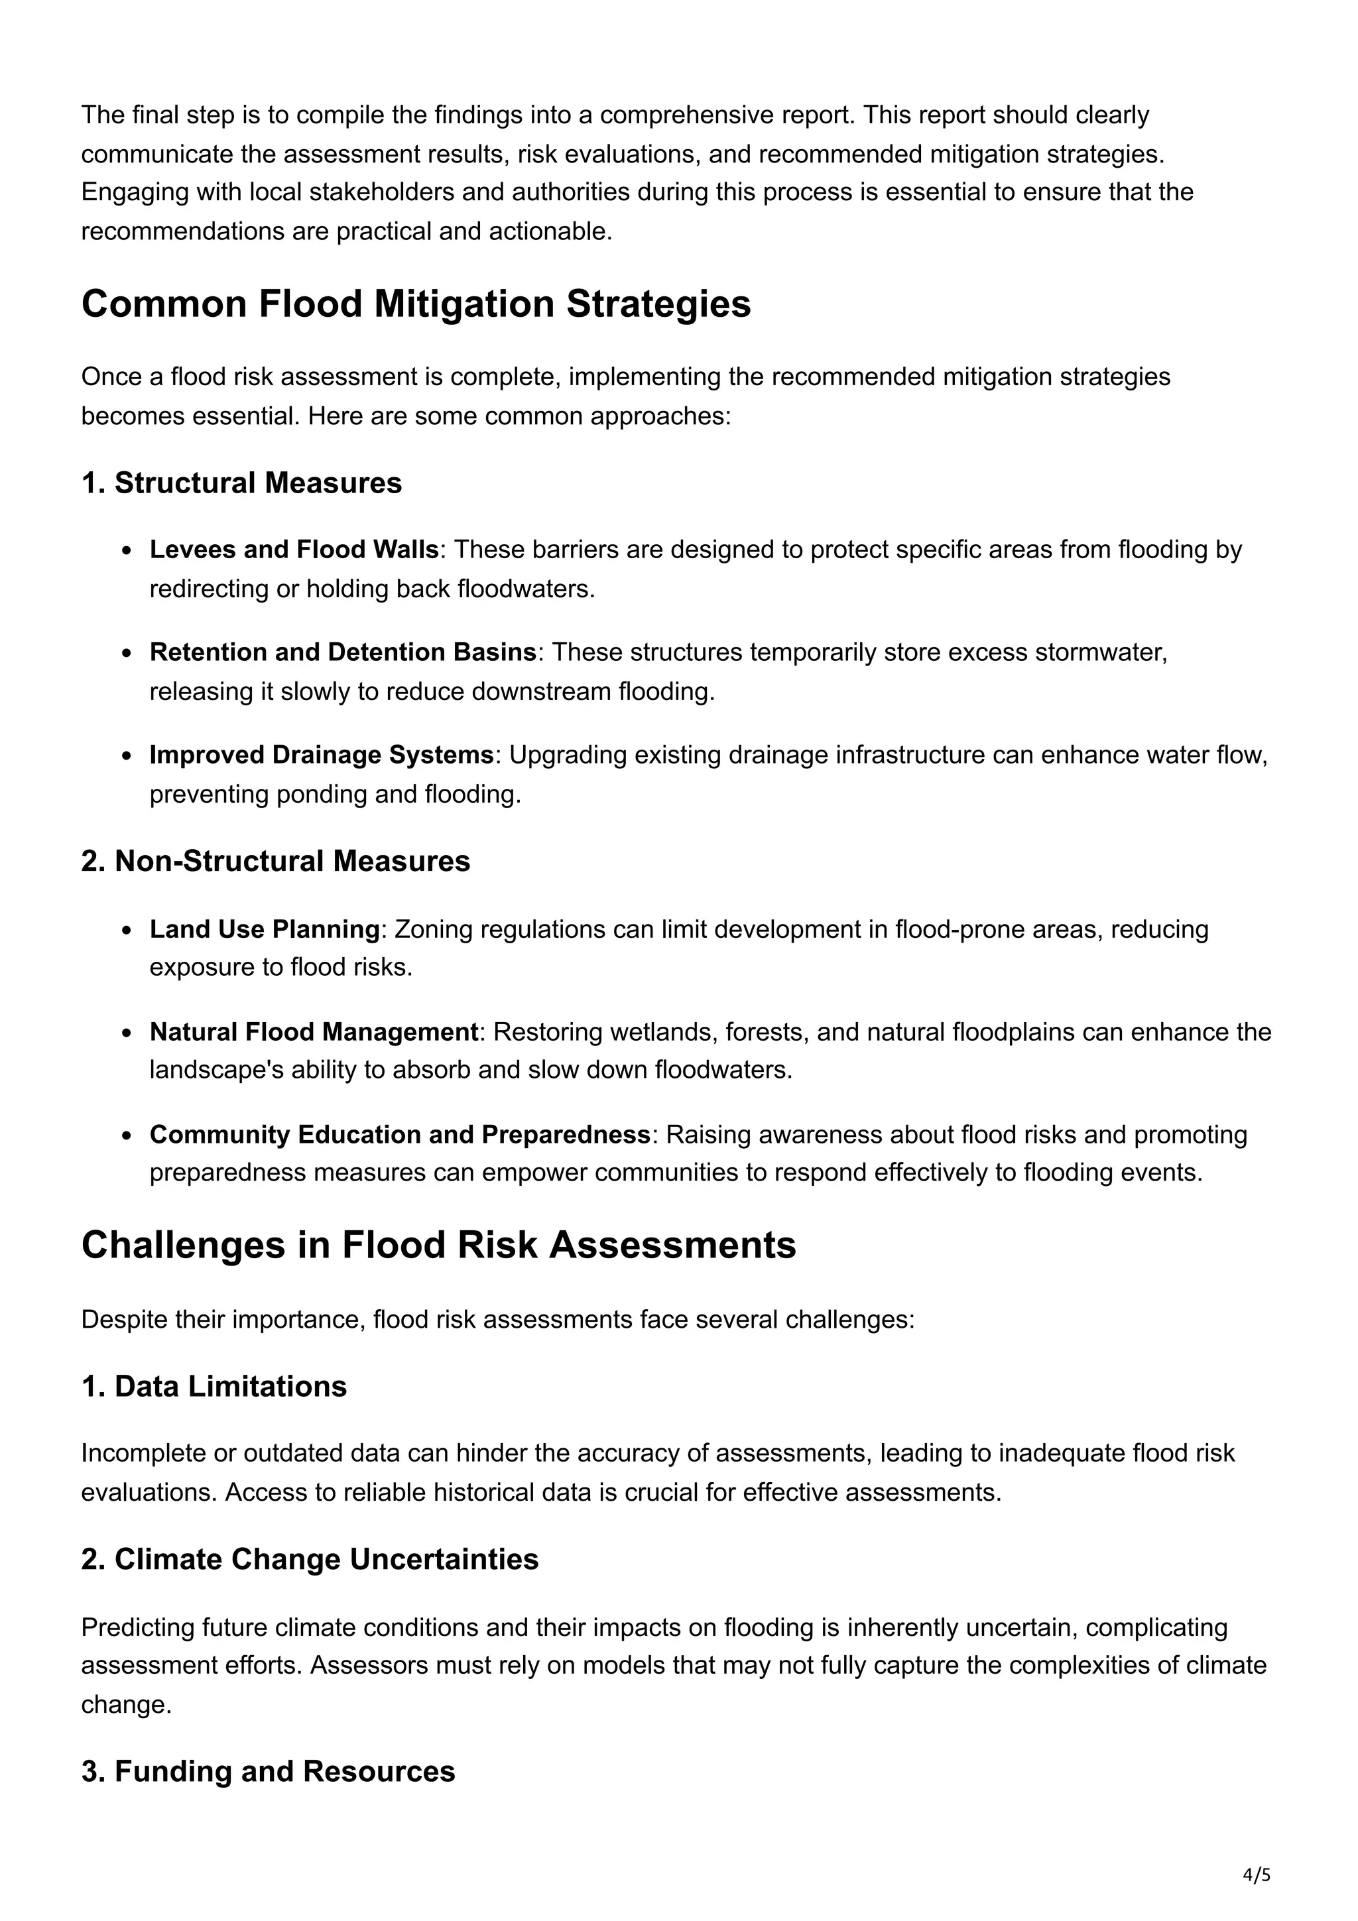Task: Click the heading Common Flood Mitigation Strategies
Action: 416,304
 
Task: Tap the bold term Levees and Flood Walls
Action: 294,550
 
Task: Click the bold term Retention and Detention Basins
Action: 342,652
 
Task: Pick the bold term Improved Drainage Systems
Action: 322,754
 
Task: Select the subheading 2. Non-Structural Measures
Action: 275,861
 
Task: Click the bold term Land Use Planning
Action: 265,929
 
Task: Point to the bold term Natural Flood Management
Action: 314,1031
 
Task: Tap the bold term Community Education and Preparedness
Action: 400,1135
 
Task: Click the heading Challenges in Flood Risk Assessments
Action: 438,1245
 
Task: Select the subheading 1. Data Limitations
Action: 214,1386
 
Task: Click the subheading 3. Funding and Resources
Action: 268,1771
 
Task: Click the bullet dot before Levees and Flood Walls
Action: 127,551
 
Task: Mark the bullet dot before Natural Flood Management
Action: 127,1033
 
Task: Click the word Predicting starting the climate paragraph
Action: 137,1627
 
